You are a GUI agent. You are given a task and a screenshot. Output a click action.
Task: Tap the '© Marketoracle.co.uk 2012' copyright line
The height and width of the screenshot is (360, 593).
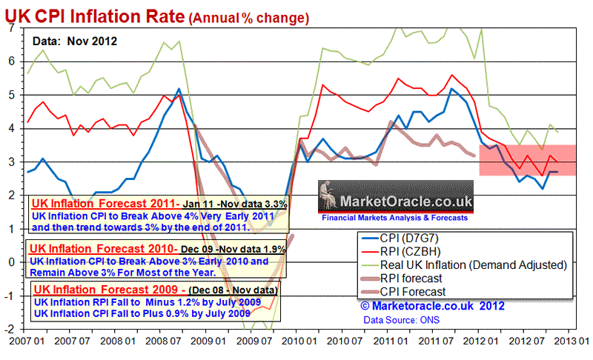click(433, 304)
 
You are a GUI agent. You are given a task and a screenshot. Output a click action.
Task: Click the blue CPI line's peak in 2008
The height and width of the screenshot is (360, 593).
click(179, 89)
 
